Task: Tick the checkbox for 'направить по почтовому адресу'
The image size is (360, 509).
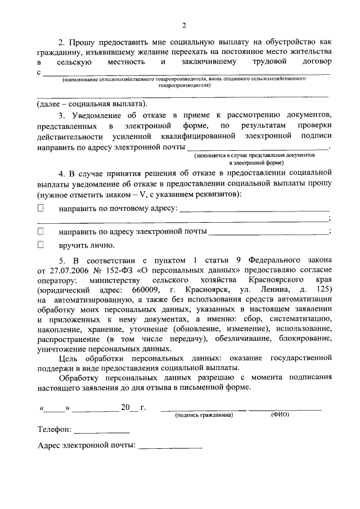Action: pyautogui.click(x=40, y=208)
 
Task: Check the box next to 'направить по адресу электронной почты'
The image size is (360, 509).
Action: pyautogui.click(x=40, y=231)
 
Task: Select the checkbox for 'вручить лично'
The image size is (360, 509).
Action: pyautogui.click(x=40, y=245)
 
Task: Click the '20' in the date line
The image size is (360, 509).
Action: pyautogui.click(x=125, y=407)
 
